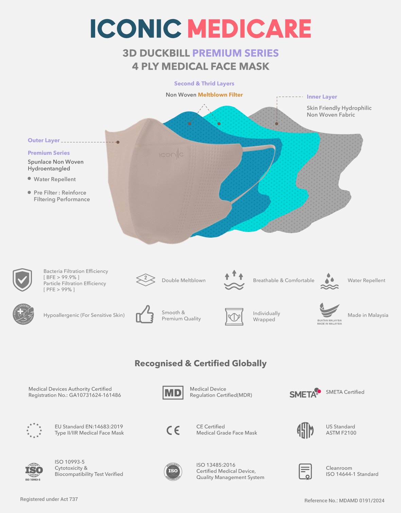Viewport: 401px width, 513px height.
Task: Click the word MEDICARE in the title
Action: tap(249, 29)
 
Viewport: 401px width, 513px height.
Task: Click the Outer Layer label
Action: tap(44, 140)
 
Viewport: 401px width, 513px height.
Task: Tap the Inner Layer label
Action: tap(322, 97)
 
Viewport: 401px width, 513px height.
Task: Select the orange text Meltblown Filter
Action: tap(220, 95)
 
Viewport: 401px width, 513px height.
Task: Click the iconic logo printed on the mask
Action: tap(171, 155)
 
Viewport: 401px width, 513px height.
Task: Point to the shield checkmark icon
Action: tap(22, 280)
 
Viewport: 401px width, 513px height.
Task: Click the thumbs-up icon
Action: tap(145, 314)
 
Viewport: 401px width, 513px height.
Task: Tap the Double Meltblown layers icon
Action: tap(145, 280)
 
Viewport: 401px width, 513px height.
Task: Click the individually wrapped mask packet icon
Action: tap(234, 317)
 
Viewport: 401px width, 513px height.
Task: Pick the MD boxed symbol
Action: tap(173, 393)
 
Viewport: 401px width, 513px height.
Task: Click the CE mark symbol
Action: tap(173, 431)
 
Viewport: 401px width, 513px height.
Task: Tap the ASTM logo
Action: tap(305, 430)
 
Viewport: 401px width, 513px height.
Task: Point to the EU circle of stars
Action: tap(34, 430)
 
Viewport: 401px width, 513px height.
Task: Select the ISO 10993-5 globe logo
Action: tap(34, 471)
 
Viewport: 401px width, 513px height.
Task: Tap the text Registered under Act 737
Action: tap(49, 499)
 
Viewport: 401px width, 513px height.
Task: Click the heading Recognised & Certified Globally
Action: tap(201, 363)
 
